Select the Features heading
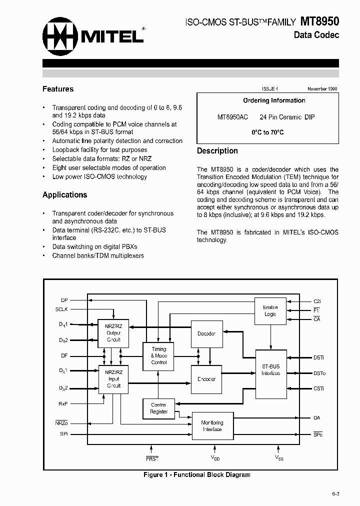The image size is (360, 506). coord(58,89)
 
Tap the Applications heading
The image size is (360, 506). coord(64,195)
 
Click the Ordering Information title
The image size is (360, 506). coord(274,100)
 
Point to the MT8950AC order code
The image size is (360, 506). coord(232,117)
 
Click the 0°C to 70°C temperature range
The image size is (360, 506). coord(267,132)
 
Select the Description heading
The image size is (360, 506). coord(217,151)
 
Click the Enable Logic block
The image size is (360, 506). coord(270,310)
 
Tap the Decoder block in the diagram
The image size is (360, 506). coord(206,333)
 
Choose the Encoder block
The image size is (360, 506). coord(206,379)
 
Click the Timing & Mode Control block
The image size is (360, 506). coord(159,355)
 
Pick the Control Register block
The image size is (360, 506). coord(159,408)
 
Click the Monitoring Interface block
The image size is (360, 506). coord(212,426)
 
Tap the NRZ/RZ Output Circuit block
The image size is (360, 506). coord(113,333)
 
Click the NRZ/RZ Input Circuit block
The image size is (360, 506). coord(113,379)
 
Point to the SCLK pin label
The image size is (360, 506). coord(61,309)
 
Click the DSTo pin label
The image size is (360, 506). coord(319,373)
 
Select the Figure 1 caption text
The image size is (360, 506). coord(196,474)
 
